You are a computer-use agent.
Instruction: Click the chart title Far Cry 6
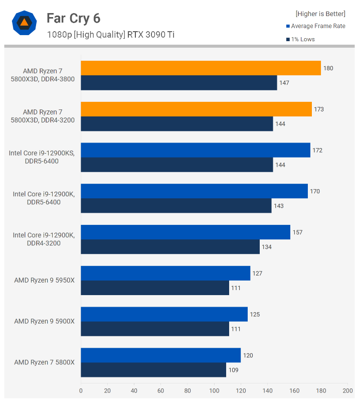[x=73, y=19]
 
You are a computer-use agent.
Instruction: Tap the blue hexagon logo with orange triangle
[x=24, y=23]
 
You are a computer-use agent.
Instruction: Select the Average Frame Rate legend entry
[x=315, y=26]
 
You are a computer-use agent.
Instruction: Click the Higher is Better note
[x=320, y=14]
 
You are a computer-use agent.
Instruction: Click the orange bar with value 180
[x=201, y=68]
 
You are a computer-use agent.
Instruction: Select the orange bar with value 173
[x=196, y=109]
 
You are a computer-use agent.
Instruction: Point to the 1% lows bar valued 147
[x=178, y=83]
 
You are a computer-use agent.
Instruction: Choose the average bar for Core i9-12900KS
[x=196, y=150]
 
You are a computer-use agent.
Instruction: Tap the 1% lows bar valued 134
[x=170, y=247]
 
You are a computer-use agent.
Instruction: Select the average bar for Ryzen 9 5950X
[x=165, y=274]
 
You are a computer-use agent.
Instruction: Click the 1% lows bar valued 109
[x=153, y=370]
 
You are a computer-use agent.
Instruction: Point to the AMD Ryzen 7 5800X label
[x=44, y=362]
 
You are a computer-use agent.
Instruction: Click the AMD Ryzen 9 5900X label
[x=44, y=321]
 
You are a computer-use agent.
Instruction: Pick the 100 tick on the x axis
[x=214, y=390]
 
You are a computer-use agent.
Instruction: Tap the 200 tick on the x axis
[x=347, y=390]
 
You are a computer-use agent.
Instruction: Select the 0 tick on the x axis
[x=81, y=390]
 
